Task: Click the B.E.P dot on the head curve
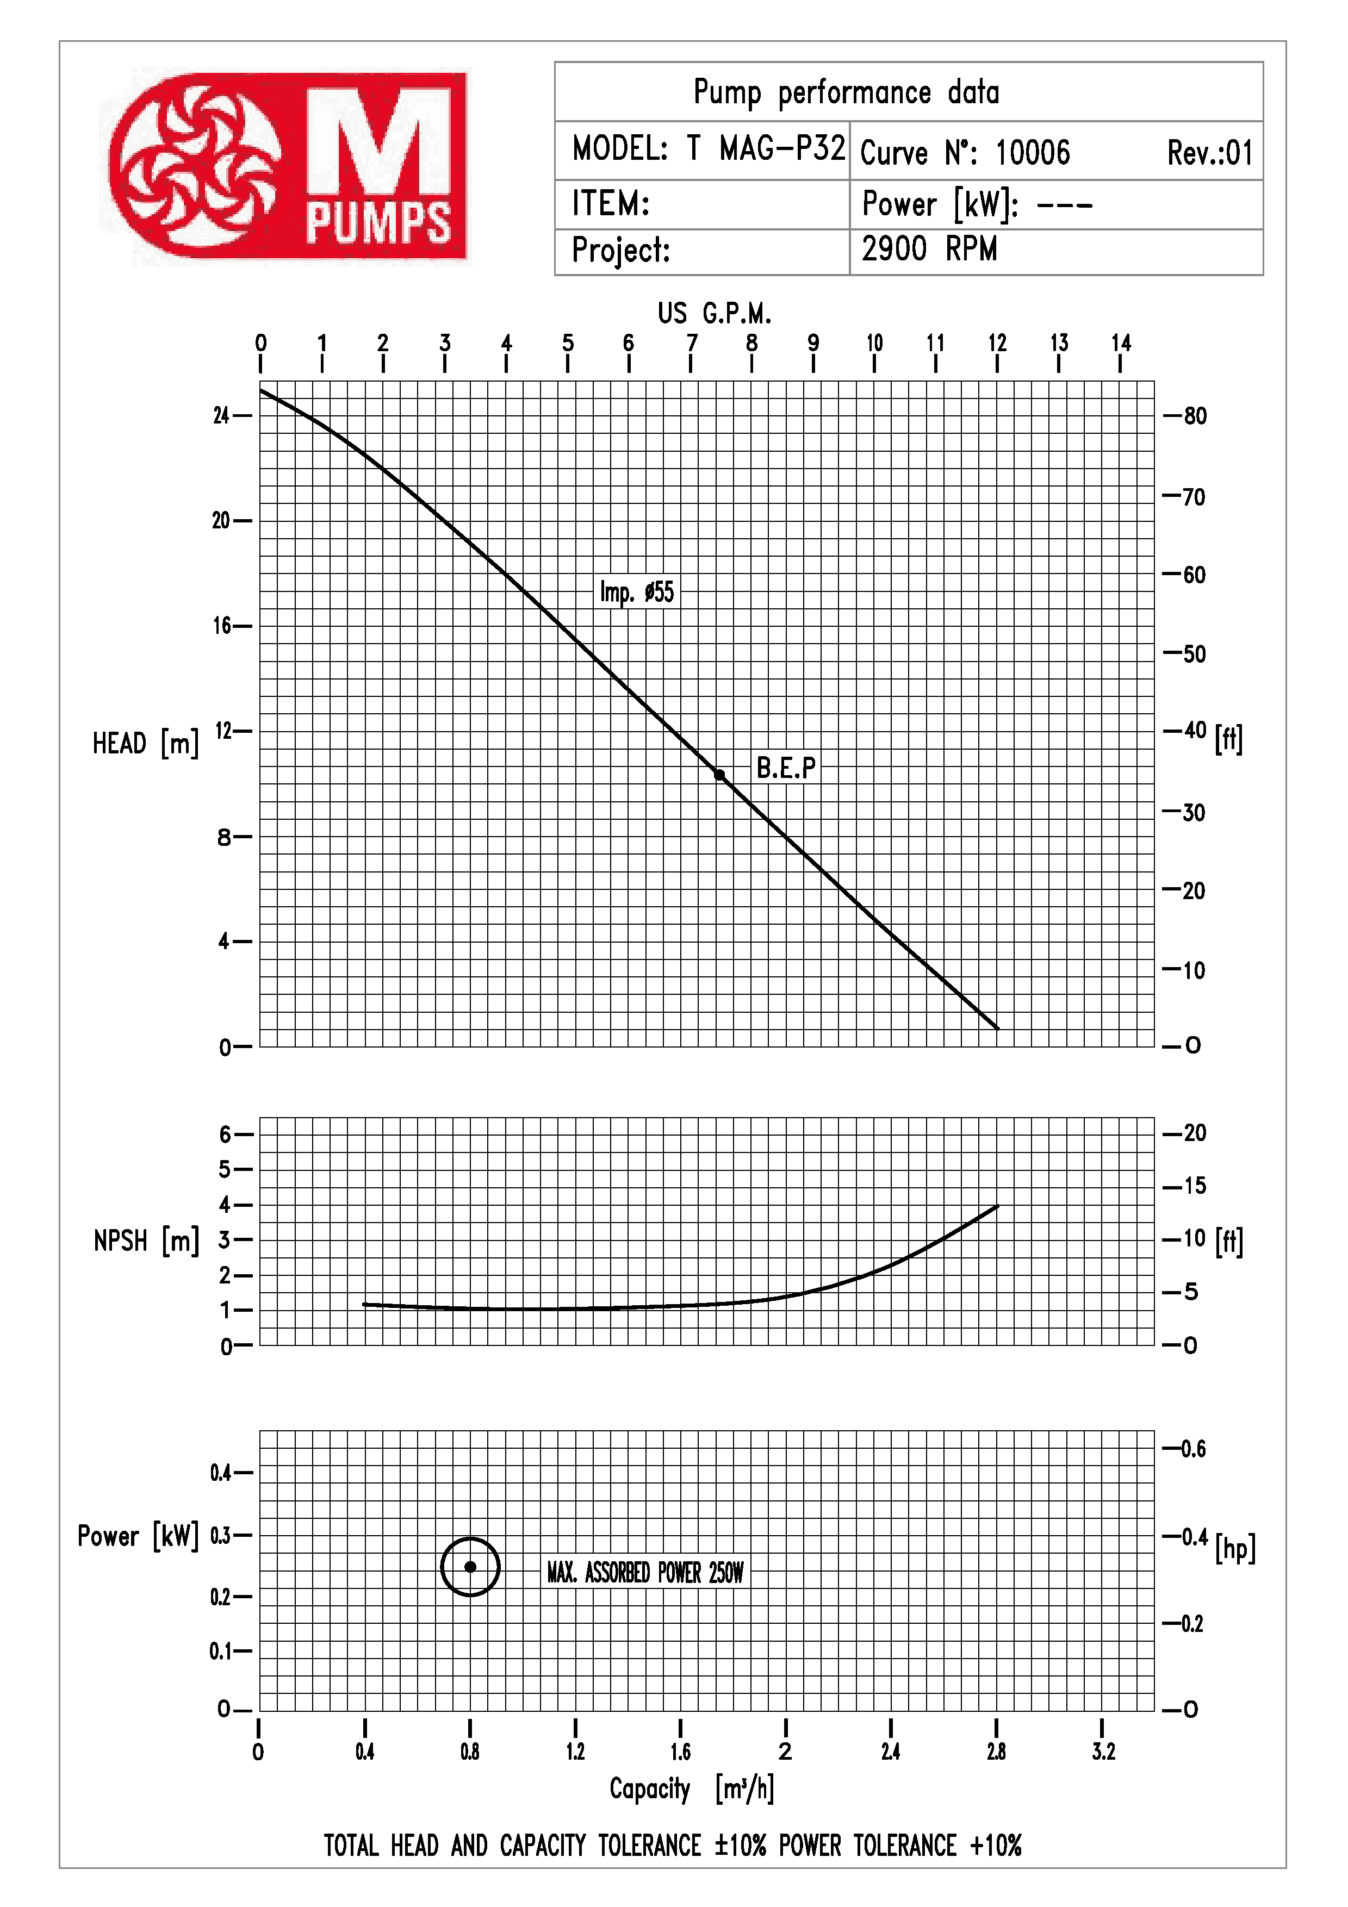tap(719, 775)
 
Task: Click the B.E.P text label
tap(786, 768)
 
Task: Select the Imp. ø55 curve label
tap(637, 592)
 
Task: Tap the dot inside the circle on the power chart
tap(470, 1567)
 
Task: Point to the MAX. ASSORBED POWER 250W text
tap(645, 1572)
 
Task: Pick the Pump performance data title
tap(846, 92)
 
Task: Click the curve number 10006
tap(1033, 153)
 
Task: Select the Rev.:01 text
tap(1210, 153)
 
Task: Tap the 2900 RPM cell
tap(929, 249)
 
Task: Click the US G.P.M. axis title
tap(715, 313)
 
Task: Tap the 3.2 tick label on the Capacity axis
tap(1103, 1751)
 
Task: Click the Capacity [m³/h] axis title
tap(691, 1788)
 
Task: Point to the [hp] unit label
tap(1235, 1549)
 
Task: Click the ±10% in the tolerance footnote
tap(740, 1844)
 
